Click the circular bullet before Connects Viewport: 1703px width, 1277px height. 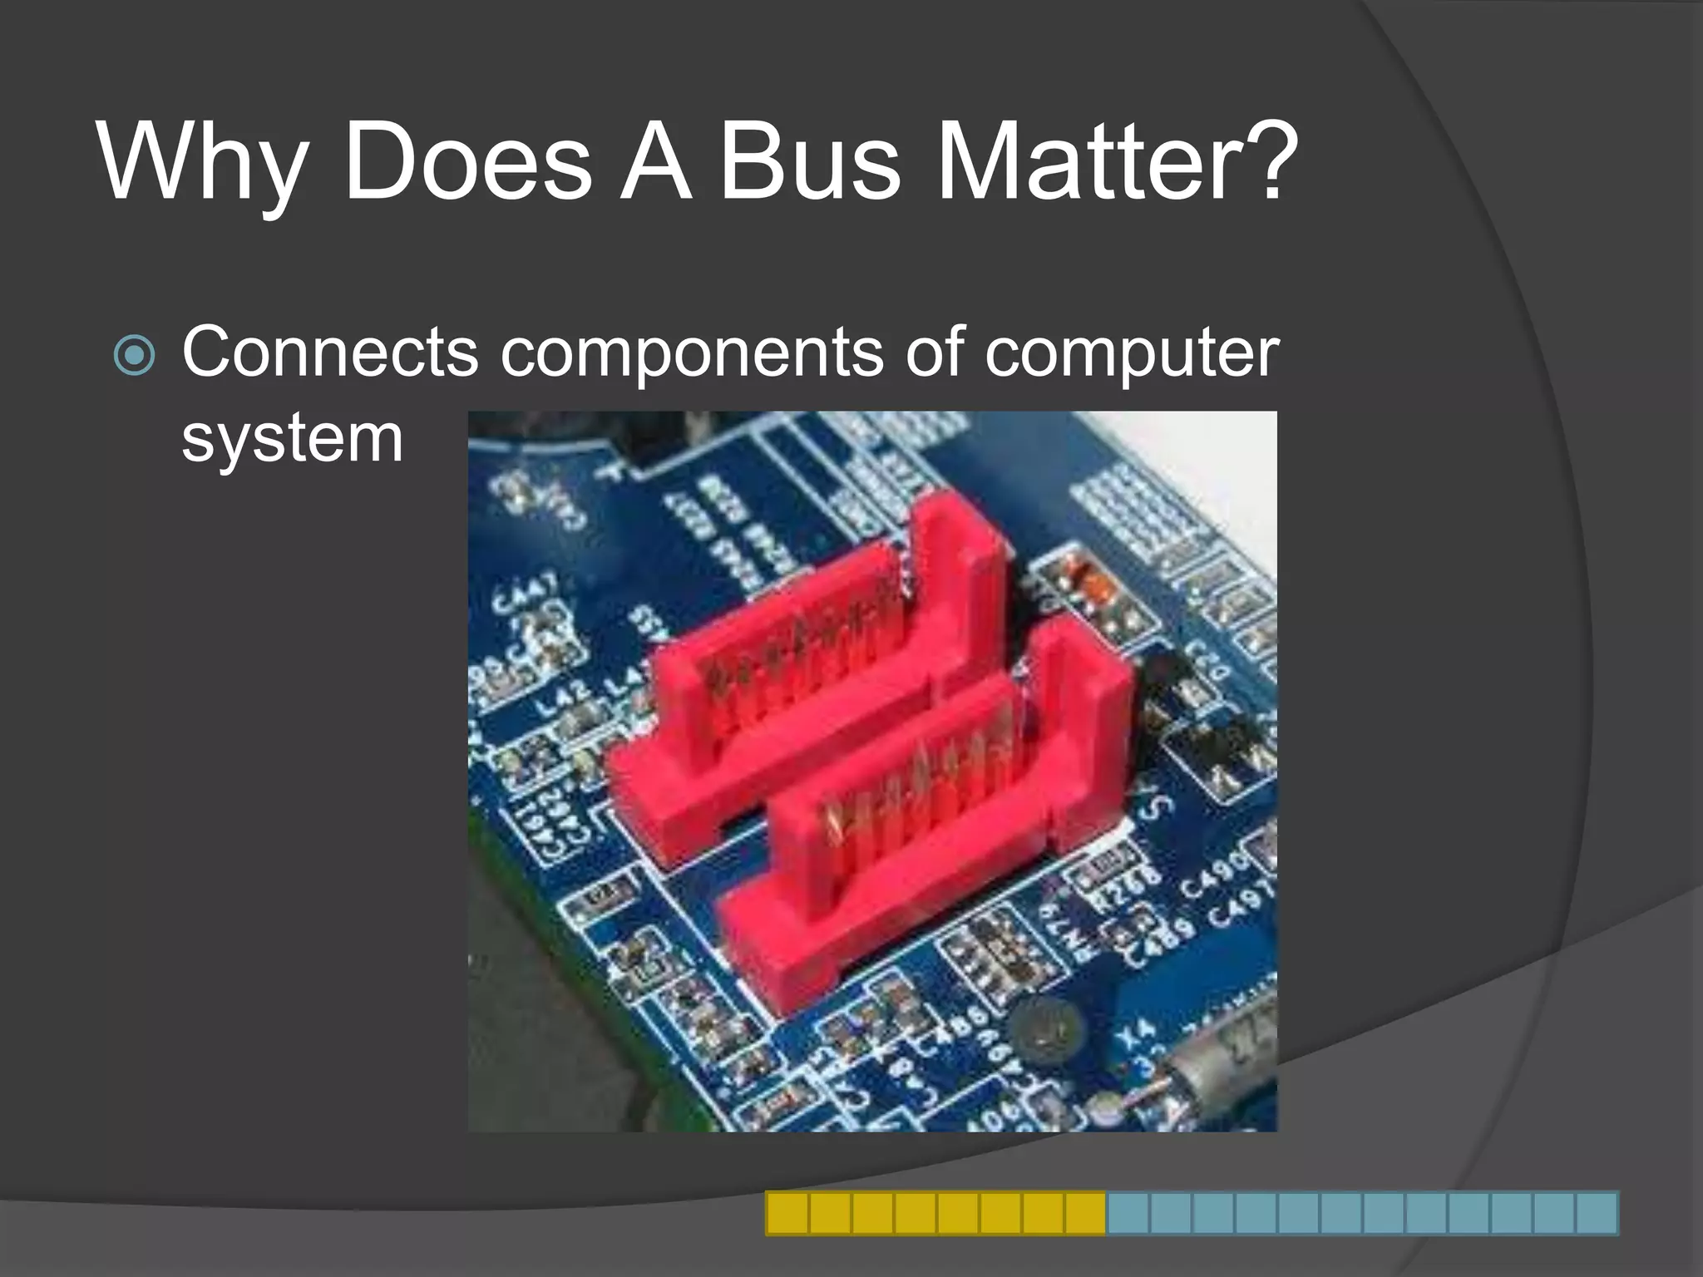click(134, 356)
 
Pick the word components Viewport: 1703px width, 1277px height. click(693, 354)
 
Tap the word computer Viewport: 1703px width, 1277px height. click(1132, 354)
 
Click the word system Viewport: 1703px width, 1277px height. click(292, 439)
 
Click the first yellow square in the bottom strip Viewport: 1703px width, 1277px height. click(787, 1213)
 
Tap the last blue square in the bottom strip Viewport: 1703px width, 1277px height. click(1596, 1213)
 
